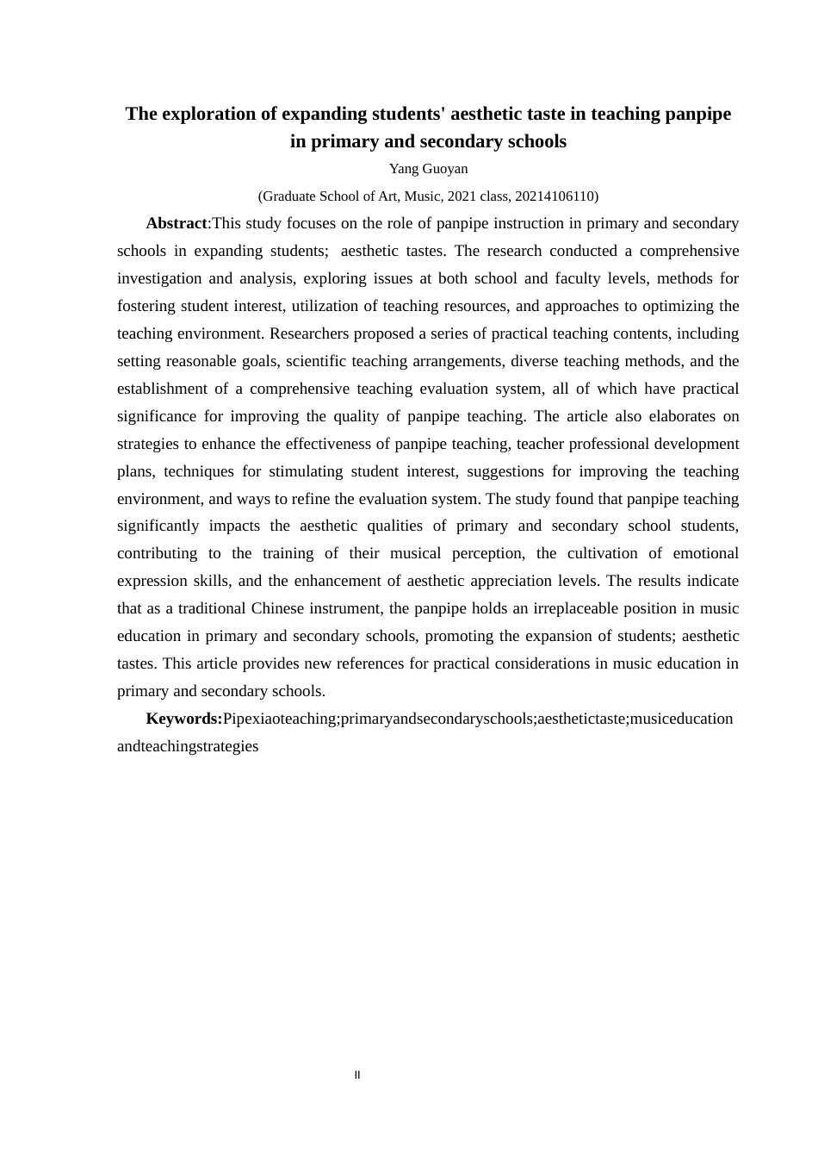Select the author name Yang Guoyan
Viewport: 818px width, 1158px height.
428,168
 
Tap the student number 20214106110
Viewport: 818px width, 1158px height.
554,196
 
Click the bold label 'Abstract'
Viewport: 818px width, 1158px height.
177,223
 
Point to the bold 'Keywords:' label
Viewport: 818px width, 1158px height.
184,719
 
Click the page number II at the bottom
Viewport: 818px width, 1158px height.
357,1074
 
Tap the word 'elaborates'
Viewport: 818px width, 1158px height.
675,416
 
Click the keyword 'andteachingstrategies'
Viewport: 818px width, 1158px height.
188,746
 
